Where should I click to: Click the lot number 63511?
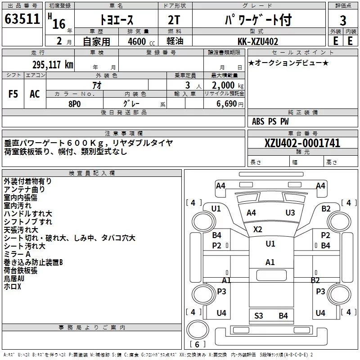pos(22,18)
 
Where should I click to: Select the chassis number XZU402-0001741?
pos(302,143)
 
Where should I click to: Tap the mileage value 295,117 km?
pos(53,65)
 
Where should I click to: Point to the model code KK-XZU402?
pos(258,41)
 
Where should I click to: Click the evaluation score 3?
pos(343,20)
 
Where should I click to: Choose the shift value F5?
pos(13,94)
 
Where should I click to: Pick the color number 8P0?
pos(75,104)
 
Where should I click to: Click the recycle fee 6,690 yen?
pos(230,104)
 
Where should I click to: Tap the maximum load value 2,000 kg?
pos(228,85)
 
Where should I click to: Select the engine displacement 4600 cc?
pos(141,41)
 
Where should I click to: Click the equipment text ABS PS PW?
pos(270,121)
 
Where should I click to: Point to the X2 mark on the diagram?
pos(257,229)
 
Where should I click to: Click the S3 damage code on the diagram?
pos(258,316)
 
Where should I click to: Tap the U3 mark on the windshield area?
pos(290,213)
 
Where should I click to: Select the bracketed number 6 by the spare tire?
pos(197,344)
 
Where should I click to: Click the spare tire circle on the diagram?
pos(198,330)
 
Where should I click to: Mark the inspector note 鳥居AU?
pos(14,279)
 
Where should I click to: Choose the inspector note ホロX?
pos(13,287)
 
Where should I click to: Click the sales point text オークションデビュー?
pos(288,63)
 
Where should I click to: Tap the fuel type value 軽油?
pos(175,41)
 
